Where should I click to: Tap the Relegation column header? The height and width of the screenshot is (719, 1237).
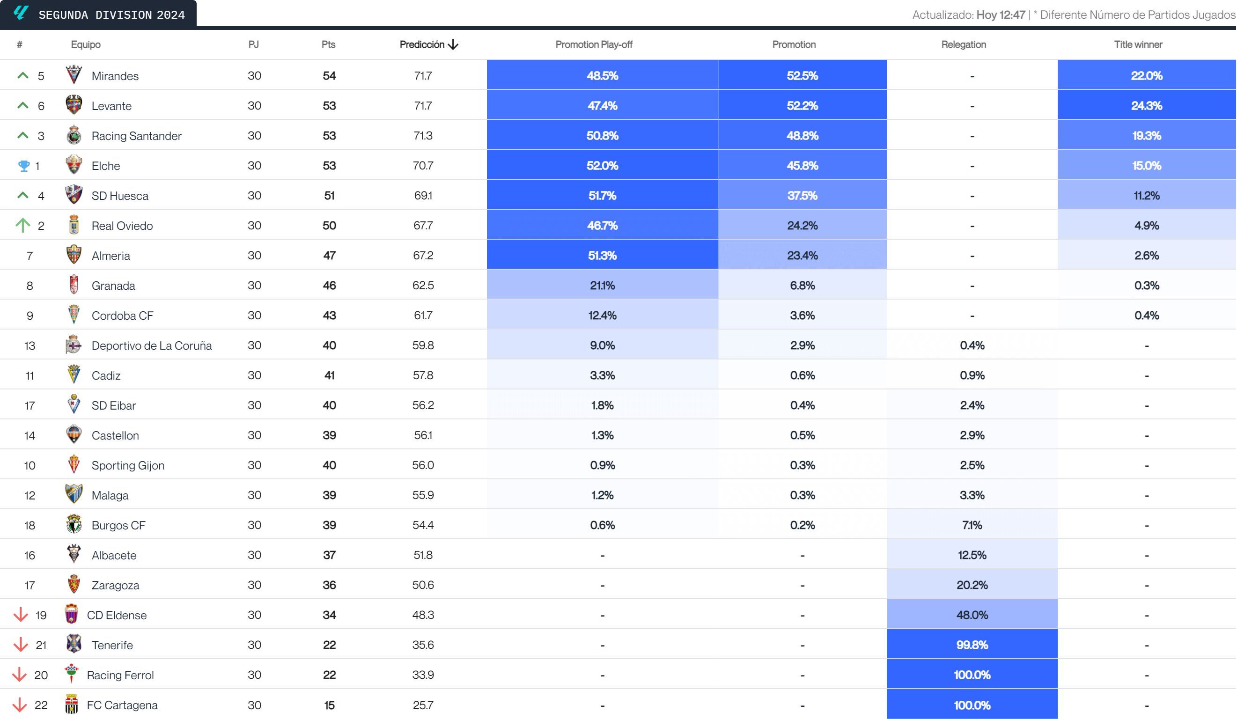point(963,44)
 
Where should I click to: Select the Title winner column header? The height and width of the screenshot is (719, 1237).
point(1137,44)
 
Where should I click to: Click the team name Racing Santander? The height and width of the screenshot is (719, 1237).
point(136,136)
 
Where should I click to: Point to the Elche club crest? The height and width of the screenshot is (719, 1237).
point(74,165)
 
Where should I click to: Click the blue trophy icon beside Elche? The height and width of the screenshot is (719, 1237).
point(23,166)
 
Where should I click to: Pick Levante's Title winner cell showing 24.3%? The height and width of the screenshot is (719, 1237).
point(1146,105)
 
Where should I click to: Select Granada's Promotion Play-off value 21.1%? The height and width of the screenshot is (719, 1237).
point(602,286)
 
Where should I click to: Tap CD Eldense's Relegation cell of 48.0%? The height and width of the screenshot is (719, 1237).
point(972,615)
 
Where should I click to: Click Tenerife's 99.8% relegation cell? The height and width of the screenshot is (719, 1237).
point(972,645)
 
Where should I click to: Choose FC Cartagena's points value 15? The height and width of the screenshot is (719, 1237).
point(329,705)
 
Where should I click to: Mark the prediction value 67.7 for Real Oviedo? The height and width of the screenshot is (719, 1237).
point(423,226)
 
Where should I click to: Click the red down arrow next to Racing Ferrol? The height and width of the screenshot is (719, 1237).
point(20,675)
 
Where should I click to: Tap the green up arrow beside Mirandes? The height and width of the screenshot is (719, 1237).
point(22,75)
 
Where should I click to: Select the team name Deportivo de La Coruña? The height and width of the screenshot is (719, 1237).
point(152,345)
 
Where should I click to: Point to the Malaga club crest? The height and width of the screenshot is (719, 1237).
point(74,494)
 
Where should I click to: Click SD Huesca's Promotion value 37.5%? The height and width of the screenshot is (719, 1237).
point(802,196)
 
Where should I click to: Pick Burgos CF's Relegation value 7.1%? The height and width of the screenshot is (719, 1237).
point(972,525)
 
